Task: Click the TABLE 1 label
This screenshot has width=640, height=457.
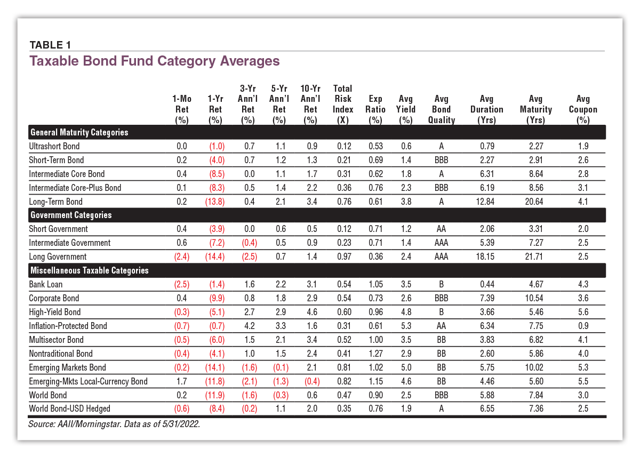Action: click(x=50, y=45)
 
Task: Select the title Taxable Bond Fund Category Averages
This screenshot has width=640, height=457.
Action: click(x=155, y=61)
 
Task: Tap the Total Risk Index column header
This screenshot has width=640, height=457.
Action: click(x=342, y=104)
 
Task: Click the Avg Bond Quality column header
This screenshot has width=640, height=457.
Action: click(x=441, y=109)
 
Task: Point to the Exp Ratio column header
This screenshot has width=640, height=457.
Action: click(x=375, y=109)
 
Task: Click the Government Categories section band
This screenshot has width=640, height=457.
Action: click(x=317, y=215)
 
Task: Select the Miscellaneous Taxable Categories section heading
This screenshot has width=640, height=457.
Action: click(x=90, y=270)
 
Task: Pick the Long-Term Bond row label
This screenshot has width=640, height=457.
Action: click(x=55, y=202)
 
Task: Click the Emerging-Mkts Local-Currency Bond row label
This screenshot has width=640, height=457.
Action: click(x=89, y=381)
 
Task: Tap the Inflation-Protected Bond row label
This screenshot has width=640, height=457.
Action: click(x=68, y=326)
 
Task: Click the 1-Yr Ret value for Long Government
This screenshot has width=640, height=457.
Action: click(x=215, y=256)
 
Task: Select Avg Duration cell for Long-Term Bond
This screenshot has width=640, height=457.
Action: click(x=485, y=202)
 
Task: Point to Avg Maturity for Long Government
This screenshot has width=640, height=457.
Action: click(x=534, y=256)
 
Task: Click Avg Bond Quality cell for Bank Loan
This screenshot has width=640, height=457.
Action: click(x=441, y=284)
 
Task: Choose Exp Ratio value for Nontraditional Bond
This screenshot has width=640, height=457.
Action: click(x=375, y=354)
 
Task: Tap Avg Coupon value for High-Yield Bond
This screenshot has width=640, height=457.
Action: click(x=583, y=312)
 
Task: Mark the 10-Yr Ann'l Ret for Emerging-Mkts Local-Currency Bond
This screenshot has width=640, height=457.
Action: click(x=312, y=381)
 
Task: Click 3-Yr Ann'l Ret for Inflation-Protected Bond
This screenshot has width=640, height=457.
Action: click(x=250, y=326)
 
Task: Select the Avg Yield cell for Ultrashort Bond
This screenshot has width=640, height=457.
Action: click(x=406, y=146)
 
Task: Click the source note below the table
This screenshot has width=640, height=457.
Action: click(x=114, y=424)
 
